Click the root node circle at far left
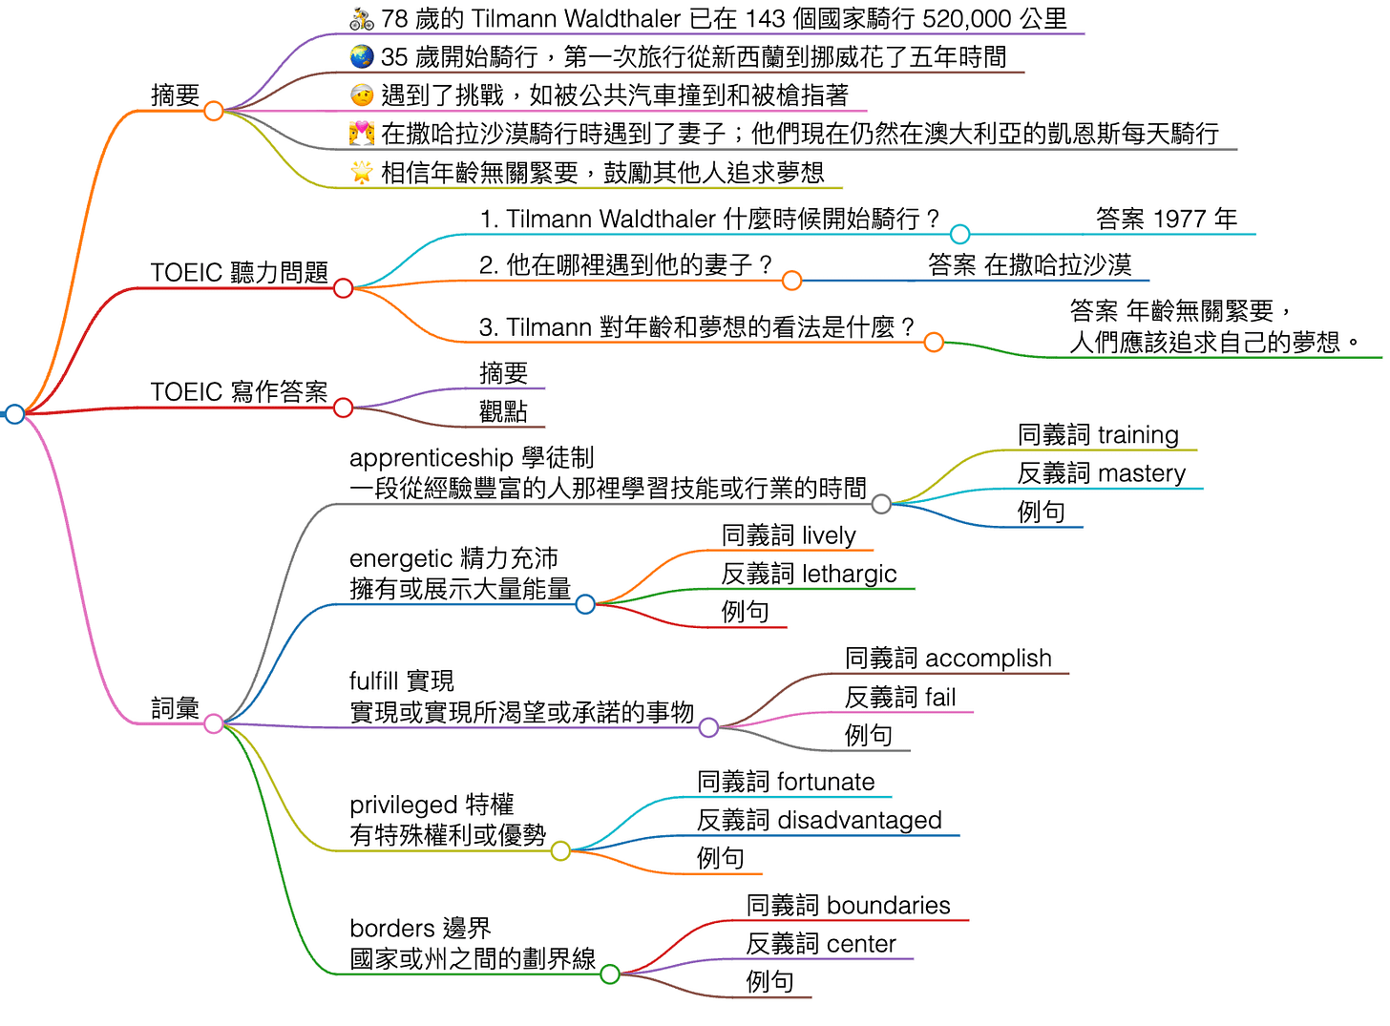[14, 413]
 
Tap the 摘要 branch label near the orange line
[175, 94]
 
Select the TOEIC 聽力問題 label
[239, 272]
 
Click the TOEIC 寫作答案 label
[239, 391]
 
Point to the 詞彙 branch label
[175, 707]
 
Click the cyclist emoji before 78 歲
[361, 18]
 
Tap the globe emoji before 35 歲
[361, 56]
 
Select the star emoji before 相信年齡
[361, 172]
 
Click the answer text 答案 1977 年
[1166, 219]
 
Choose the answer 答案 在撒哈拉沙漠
[1029, 264]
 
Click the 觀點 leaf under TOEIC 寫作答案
[503, 410]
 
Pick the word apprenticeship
[431, 457]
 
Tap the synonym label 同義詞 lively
[789, 534]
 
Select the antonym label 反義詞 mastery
[1101, 472]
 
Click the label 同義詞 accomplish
[948, 658]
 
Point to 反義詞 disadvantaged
[819, 819]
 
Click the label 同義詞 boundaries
[848, 905]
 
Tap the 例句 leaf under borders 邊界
[769, 981]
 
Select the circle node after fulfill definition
[708, 727]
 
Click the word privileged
[404, 804]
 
